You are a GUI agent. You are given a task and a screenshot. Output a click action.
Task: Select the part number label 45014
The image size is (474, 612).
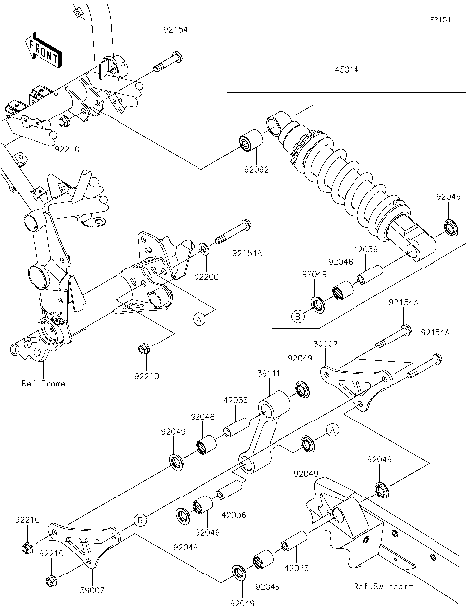[x=345, y=70]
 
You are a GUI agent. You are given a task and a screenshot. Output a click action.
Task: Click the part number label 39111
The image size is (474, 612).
[x=270, y=374]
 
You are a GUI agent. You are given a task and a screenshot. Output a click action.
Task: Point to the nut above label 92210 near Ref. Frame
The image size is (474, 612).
[x=143, y=349]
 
